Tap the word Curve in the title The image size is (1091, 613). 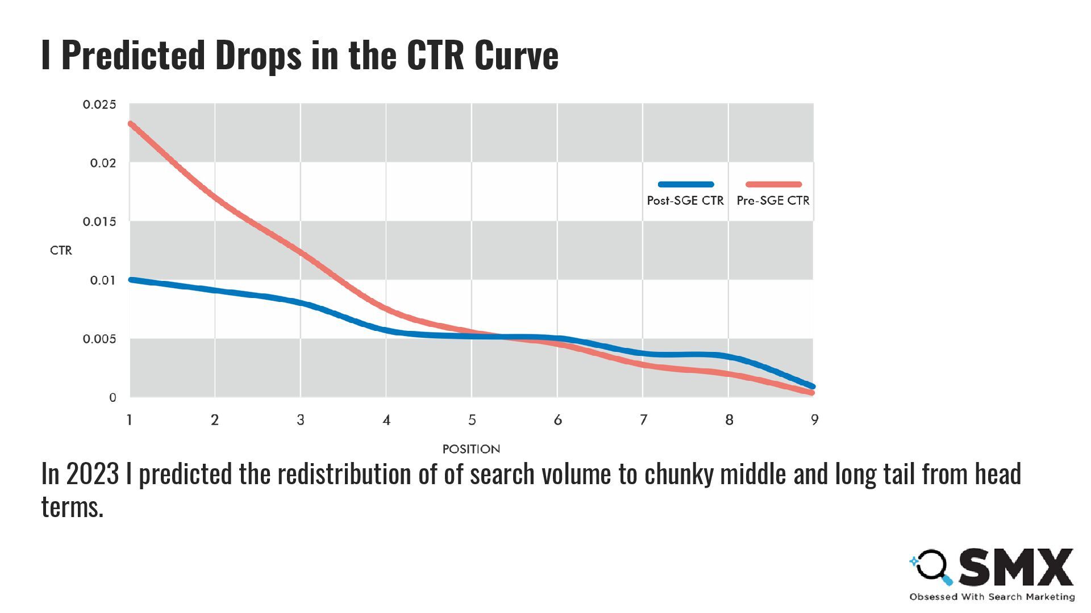[516, 56]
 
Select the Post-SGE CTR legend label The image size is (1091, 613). [685, 200]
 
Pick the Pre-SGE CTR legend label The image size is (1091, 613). [773, 200]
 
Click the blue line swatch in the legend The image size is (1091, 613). [685, 184]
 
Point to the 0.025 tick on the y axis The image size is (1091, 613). [99, 104]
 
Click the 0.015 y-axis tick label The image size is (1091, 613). [99, 222]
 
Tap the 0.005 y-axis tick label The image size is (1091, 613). [99, 339]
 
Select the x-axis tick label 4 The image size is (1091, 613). [386, 420]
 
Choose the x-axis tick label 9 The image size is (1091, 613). [814, 420]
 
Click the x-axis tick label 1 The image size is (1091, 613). [130, 420]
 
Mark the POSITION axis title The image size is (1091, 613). [471, 449]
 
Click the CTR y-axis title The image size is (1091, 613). [61, 250]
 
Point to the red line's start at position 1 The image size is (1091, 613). [131, 124]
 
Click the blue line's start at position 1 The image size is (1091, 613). [131, 280]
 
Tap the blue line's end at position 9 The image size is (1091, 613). [813, 386]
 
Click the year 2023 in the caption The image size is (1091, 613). [92, 474]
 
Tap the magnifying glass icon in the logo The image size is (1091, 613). [931, 566]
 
